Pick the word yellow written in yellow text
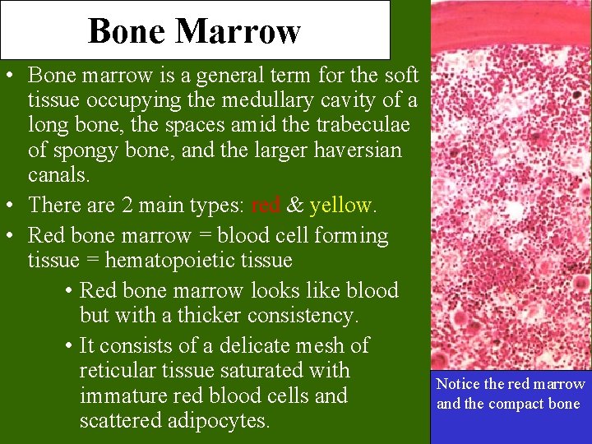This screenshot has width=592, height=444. (340, 206)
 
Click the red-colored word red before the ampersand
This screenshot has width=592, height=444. (266, 206)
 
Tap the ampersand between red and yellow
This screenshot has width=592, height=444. (295, 206)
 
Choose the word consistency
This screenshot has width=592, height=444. (301, 316)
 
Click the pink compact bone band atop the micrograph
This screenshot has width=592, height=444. (510, 33)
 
